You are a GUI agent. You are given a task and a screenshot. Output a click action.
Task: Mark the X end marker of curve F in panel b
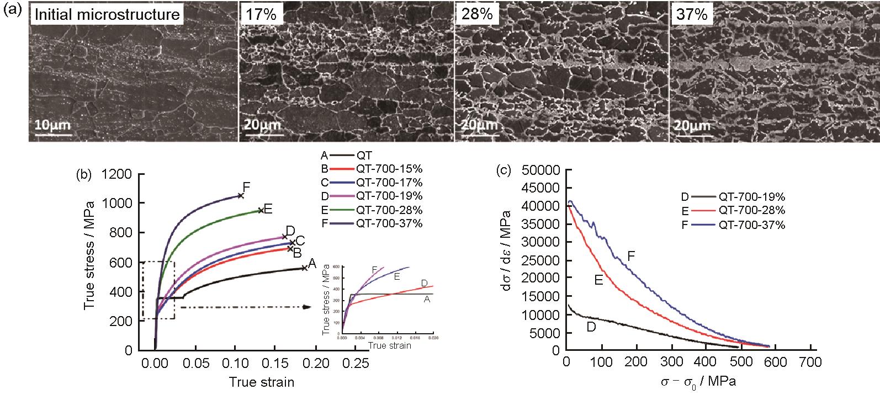click(241, 195)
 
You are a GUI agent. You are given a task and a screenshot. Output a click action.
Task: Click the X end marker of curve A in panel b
click(305, 268)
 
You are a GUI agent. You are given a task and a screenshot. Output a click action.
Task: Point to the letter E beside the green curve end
click(268, 209)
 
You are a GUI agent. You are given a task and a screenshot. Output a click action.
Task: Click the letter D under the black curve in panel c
click(591, 328)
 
